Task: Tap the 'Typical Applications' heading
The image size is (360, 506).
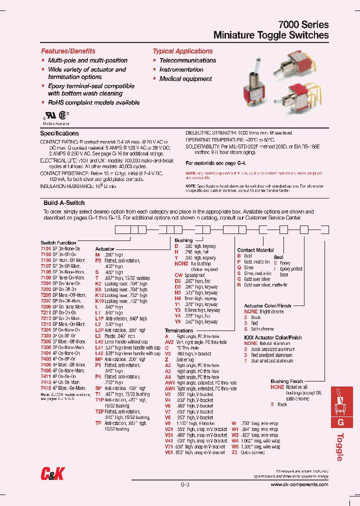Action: click(x=182, y=51)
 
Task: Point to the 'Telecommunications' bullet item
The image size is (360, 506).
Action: click(x=187, y=60)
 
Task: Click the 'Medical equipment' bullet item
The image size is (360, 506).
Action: click(x=185, y=79)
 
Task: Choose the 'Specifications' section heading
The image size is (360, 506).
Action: click(x=59, y=133)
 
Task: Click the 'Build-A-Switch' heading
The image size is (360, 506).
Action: click(x=64, y=203)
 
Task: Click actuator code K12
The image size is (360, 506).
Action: click(x=99, y=295)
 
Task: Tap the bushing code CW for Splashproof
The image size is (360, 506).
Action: click(x=178, y=275)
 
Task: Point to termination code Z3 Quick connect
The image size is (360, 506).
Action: click(x=234, y=452)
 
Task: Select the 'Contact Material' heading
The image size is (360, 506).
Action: click(x=255, y=250)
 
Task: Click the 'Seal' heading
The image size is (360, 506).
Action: click(x=278, y=257)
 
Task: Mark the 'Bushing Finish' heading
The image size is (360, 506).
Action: click(x=287, y=381)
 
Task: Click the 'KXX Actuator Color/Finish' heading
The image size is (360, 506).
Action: click(x=272, y=337)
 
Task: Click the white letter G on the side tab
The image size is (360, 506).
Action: click(x=342, y=422)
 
